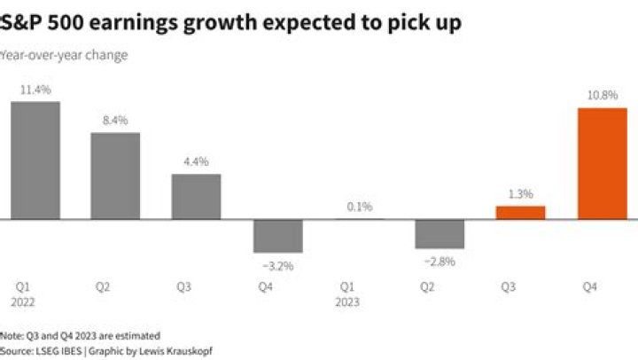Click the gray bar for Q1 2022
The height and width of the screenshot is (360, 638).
[x=35, y=160]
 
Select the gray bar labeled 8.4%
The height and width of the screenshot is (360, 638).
[x=116, y=176]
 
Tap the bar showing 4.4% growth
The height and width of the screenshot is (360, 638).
[x=196, y=196]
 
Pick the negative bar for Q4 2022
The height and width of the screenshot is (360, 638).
[x=277, y=236]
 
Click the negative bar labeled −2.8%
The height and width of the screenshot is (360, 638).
[x=440, y=234]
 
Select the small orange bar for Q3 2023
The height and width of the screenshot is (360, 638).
[x=520, y=212]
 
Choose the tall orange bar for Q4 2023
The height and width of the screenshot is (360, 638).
[x=601, y=163]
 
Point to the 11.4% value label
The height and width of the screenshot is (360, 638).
[x=35, y=90]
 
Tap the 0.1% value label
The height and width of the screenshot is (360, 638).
[x=359, y=207]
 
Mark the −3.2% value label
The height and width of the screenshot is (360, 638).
[x=277, y=265]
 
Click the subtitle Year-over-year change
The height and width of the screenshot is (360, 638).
[x=64, y=55]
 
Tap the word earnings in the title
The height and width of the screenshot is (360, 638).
[x=141, y=22]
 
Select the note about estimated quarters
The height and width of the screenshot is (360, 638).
[x=80, y=335]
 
